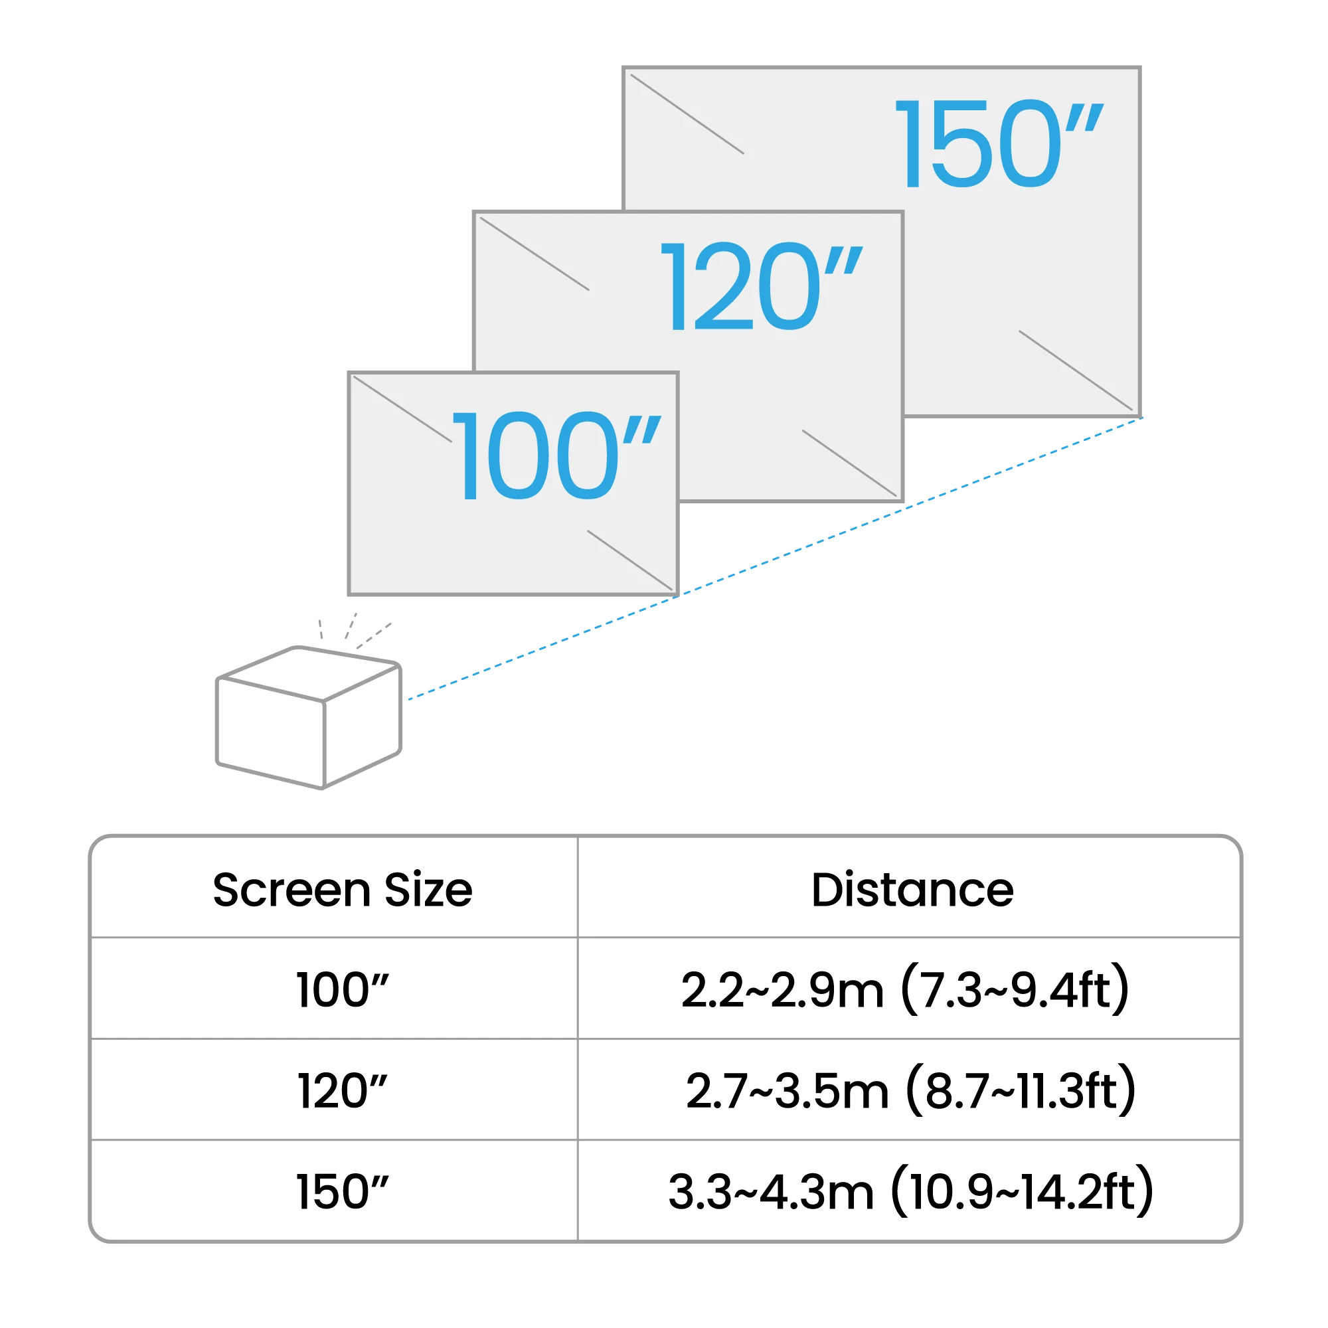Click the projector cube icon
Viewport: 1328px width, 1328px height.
coord(309,718)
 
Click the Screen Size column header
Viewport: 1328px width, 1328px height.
coord(343,890)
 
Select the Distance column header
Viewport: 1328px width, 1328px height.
coord(912,890)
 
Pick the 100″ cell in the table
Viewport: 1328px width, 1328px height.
coord(343,991)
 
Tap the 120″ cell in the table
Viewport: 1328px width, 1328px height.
coord(343,1092)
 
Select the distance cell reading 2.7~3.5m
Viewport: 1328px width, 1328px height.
coord(787,1092)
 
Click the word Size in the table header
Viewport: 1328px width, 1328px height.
coord(428,890)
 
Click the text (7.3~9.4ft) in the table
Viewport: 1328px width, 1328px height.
coord(1015,991)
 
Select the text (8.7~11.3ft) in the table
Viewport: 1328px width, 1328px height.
coord(1021,1092)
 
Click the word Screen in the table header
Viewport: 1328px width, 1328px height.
coord(291,890)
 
